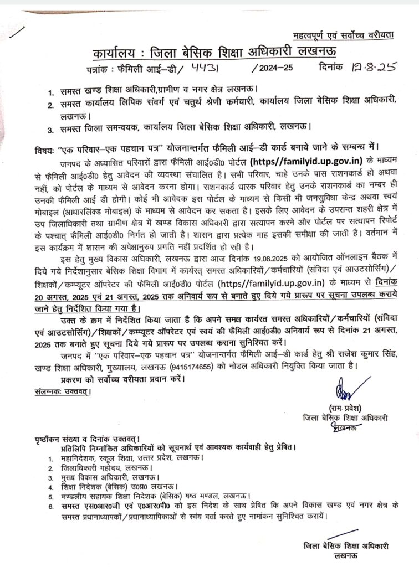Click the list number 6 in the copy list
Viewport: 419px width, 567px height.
(x=50, y=507)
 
